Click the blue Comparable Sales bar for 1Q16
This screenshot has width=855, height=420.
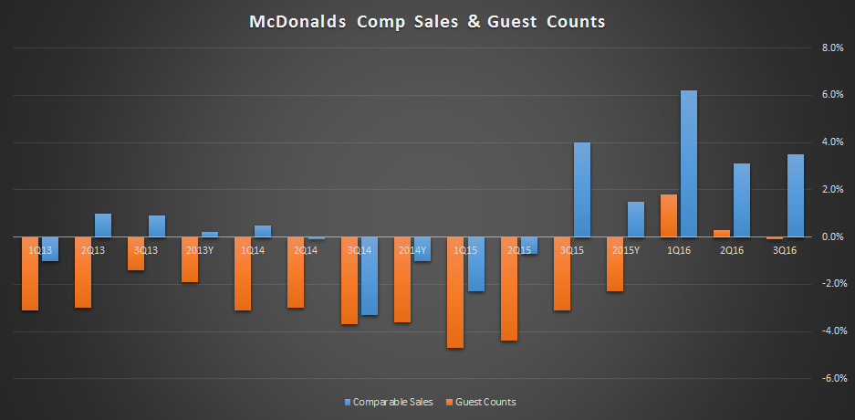coord(689,163)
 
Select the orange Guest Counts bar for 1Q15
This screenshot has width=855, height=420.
coord(455,292)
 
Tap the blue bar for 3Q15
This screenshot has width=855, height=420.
coord(582,190)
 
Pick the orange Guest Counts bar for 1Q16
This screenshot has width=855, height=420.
coord(669,216)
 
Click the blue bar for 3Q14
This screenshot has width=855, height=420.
coord(370,276)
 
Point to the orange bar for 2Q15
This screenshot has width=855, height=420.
coord(509,289)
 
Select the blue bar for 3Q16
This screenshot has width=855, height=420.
coord(796,195)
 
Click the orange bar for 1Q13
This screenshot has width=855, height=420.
coord(30,274)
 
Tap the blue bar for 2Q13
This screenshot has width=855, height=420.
coord(103,226)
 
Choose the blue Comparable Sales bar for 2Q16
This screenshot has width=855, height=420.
coord(742,200)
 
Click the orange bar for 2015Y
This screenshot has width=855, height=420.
coord(615,264)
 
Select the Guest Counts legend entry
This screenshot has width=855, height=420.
coord(481,403)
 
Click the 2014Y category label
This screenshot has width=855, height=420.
coord(412,250)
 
